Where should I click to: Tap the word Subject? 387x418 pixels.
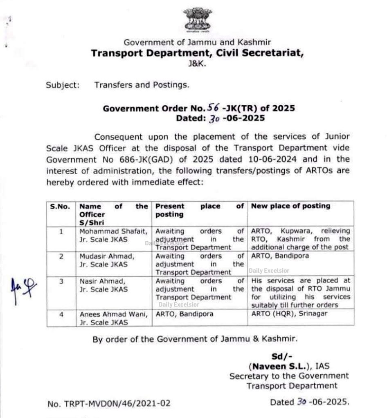(62, 85)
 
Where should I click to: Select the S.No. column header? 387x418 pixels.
(60, 206)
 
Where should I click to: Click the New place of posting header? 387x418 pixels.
(290, 206)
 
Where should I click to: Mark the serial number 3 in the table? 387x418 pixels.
(61, 281)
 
